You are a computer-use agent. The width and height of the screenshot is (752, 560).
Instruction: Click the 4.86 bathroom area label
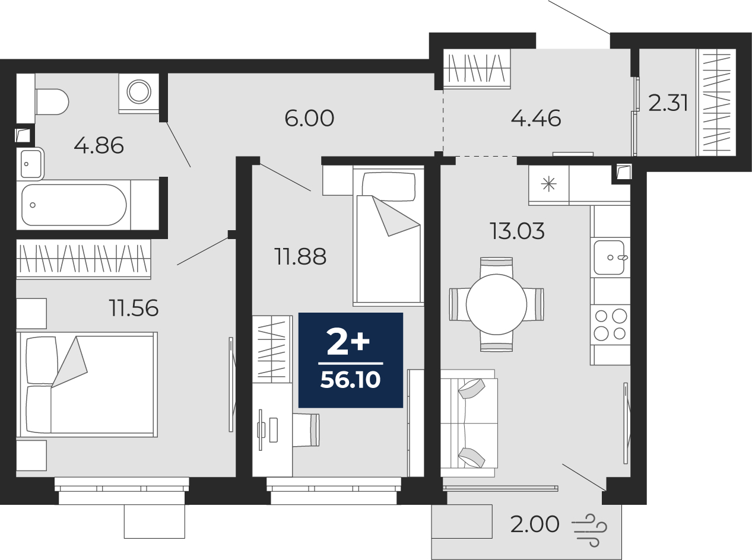(99, 146)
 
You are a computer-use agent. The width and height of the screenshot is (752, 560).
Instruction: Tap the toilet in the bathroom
(52, 101)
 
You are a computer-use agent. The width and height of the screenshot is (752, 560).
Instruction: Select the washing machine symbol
(139, 91)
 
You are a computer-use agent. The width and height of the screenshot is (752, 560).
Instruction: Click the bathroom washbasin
(31, 164)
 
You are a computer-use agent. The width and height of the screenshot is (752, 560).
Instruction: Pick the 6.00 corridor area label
(309, 118)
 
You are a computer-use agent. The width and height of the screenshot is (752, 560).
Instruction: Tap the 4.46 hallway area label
(536, 119)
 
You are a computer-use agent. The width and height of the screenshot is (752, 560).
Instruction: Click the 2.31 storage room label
(668, 103)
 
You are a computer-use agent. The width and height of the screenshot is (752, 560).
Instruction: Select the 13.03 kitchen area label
(518, 231)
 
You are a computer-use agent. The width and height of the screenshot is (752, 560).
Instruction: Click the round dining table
(496, 304)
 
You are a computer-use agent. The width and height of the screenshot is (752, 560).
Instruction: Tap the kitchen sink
(610, 257)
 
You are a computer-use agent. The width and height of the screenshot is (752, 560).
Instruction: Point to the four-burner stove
(610, 324)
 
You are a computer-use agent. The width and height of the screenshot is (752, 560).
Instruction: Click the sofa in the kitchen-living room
(469, 423)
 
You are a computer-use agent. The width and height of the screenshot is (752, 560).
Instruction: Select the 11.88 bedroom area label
(300, 257)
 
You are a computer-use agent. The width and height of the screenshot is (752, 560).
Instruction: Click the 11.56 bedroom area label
(134, 308)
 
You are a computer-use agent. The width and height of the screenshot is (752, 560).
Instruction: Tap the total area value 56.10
(351, 380)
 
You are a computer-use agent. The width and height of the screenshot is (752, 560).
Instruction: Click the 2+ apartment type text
(348, 343)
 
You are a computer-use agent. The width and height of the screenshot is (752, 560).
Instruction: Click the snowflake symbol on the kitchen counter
(548, 184)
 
